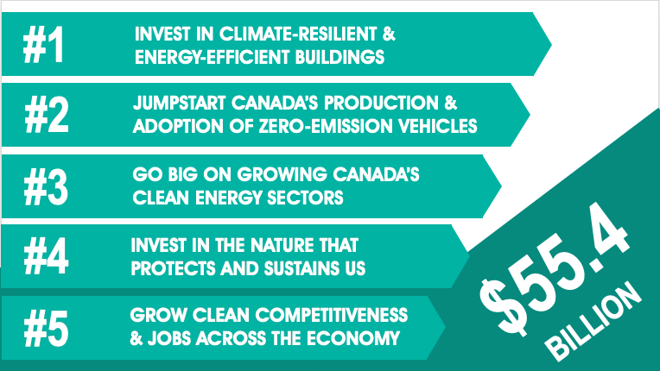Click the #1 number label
(43, 45)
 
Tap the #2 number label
(47, 115)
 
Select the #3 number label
(46, 187)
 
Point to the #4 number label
(46, 256)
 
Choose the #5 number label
(46, 328)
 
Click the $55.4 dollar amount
(555, 269)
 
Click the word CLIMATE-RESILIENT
(298, 34)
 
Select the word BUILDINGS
(340, 57)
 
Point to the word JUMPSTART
(180, 103)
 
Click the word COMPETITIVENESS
(332, 316)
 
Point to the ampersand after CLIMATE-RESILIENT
(389, 34)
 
